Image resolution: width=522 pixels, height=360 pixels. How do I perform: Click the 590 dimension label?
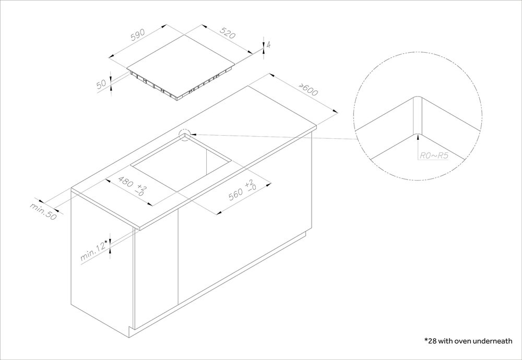click(137, 34)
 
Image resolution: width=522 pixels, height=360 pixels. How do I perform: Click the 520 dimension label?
click(228, 33)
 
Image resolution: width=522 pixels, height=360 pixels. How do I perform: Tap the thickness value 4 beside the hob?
click(268, 44)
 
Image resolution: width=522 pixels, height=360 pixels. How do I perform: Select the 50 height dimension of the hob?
click(102, 84)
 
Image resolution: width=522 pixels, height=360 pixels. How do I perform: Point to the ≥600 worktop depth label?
click(309, 90)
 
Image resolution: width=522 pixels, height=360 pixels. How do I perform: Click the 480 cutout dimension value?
click(126, 182)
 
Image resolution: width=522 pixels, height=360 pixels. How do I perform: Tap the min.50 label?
click(43, 211)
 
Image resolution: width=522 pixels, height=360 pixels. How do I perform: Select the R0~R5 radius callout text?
click(434, 155)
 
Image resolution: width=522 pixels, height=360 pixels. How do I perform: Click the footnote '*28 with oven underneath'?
click(468, 341)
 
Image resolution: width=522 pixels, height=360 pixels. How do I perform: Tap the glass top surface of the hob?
click(181, 51)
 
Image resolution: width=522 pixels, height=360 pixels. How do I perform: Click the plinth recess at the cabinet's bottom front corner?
click(132, 332)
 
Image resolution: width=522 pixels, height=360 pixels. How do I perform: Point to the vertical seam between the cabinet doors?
click(178, 256)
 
